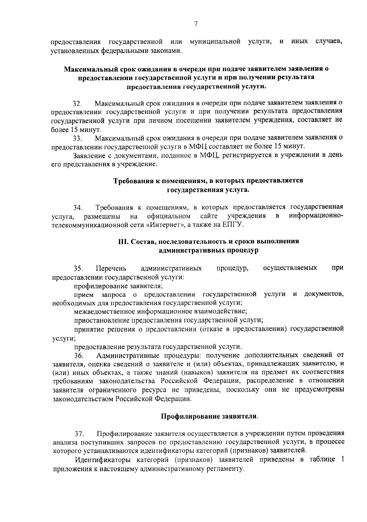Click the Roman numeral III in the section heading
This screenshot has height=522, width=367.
(124, 241)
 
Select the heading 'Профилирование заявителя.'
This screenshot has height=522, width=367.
(209, 416)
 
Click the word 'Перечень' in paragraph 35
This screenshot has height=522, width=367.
(111, 269)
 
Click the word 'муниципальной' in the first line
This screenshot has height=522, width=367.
(215, 42)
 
